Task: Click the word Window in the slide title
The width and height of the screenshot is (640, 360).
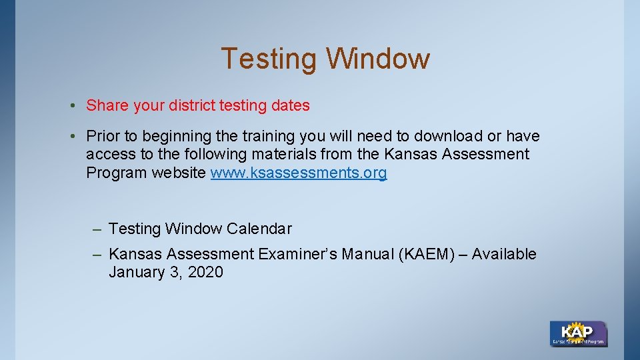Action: coord(378,59)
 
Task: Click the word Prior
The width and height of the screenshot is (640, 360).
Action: coord(103,137)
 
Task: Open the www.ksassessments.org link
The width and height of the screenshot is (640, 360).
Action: coord(298,173)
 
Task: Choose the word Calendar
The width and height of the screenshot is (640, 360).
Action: coord(259,229)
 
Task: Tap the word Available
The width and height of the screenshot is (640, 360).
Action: coord(504,254)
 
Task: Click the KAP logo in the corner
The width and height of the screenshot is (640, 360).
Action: coord(578,333)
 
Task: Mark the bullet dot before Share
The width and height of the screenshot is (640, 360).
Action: coord(79,106)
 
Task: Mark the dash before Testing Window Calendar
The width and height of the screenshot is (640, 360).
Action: coord(97,229)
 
